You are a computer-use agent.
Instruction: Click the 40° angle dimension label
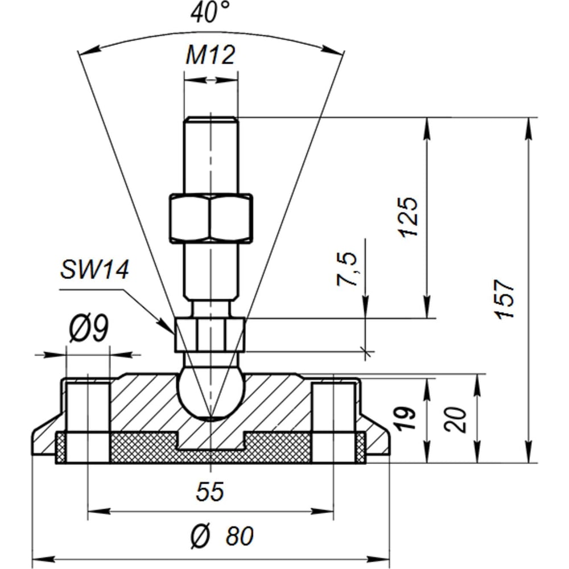210,12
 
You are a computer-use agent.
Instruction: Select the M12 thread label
211,55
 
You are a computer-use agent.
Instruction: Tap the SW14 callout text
94,270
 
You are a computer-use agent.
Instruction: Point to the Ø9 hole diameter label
89,328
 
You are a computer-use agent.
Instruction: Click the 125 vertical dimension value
408,217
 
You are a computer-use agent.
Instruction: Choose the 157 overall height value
505,299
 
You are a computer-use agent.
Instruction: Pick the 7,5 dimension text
347,269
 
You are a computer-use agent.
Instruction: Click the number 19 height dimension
405,418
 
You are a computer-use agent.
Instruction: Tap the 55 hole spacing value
210,492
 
